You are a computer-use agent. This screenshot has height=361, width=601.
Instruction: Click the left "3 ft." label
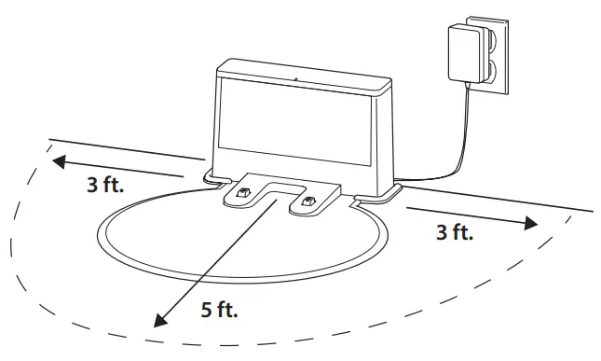pos(104,185)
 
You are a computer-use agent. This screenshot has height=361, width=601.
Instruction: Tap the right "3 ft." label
pos(456,232)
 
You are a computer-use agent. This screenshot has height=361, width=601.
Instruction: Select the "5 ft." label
pos(220,311)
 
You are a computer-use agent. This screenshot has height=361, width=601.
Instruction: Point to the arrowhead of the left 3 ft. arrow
pos(58,160)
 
